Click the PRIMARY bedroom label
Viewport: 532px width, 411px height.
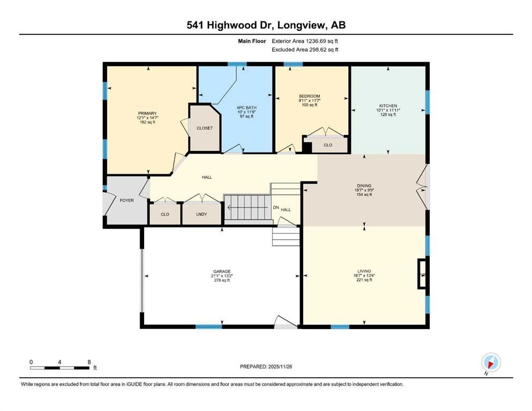[x=147, y=113]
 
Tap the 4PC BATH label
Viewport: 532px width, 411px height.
[x=247, y=108]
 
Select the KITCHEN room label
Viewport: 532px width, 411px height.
[x=388, y=106]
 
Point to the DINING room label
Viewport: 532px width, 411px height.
[x=364, y=185]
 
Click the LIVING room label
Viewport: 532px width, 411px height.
[x=364, y=271]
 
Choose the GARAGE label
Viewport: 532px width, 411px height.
[x=221, y=271]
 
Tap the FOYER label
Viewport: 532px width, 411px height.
[x=126, y=200]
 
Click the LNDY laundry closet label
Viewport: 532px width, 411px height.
[x=201, y=214]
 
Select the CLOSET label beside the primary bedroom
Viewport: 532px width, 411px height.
[x=205, y=128]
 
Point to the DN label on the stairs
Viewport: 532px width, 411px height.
[x=276, y=208]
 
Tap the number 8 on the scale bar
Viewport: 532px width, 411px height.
[x=88, y=362]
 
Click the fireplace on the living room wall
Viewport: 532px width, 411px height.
[x=422, y=274]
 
